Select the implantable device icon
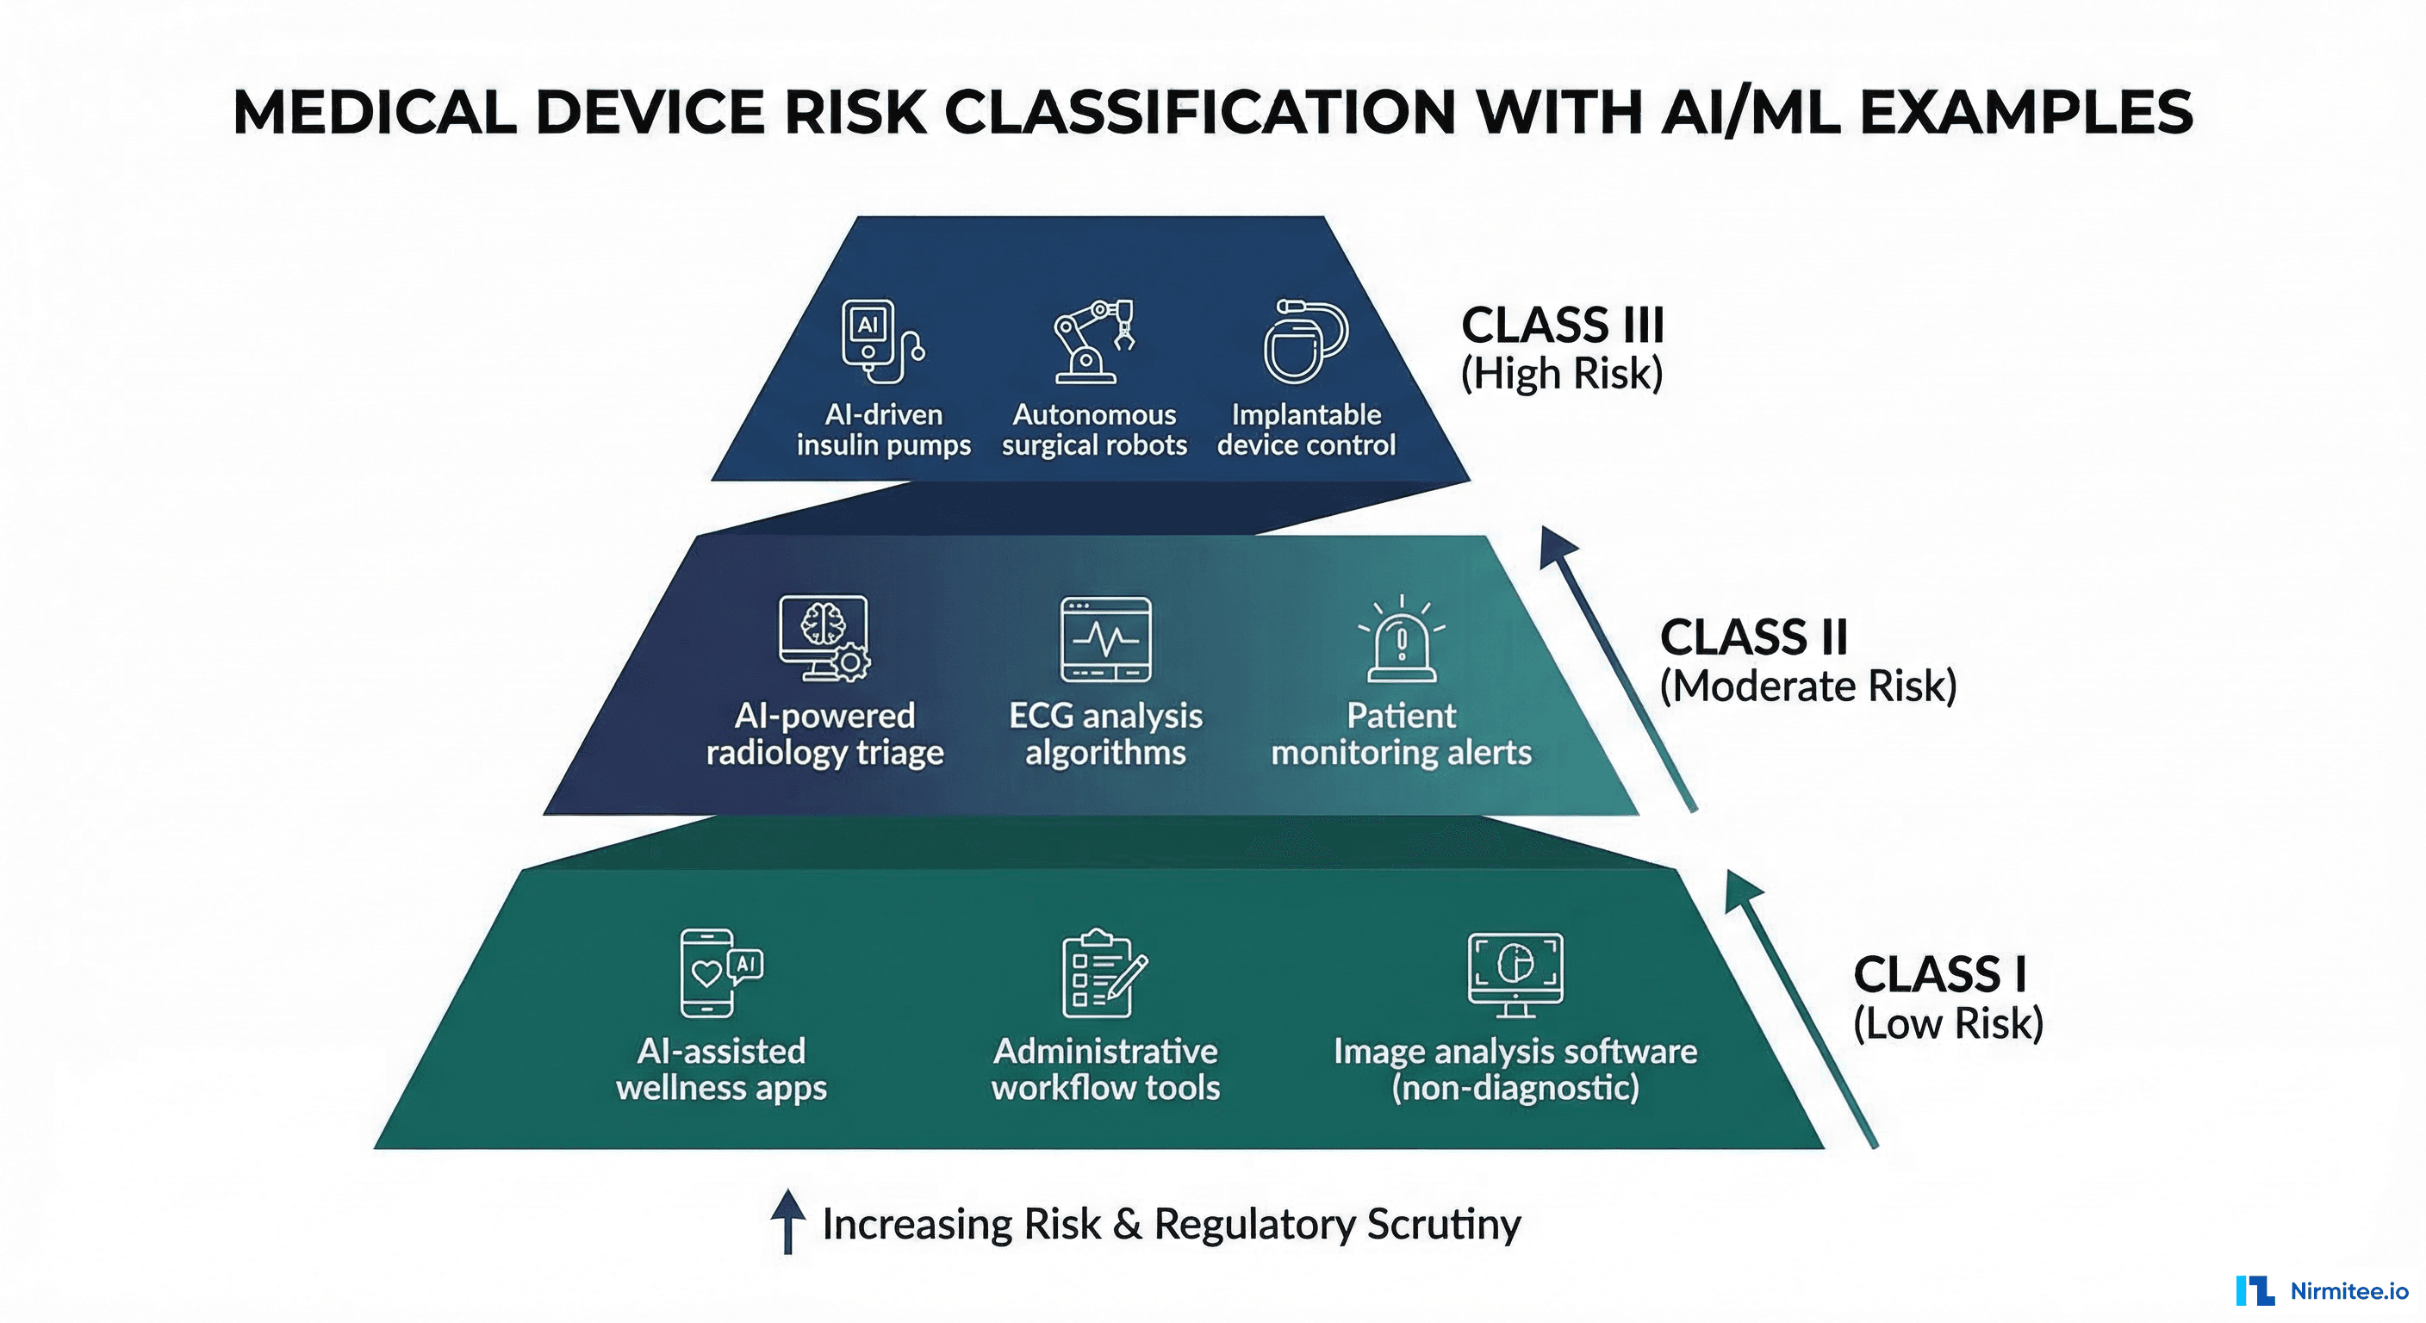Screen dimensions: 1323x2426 [x=1304, y=341]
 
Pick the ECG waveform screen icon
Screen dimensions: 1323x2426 [x=1105, y=638]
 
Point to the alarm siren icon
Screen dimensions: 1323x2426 [x=1402, y=638]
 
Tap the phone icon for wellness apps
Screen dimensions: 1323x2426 [x=719, y=972]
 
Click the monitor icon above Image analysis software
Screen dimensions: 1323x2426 [x=1515, y=972]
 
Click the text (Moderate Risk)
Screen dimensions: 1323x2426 [x=1807, y=686]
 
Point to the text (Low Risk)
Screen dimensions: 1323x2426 [x=1948, y=1023]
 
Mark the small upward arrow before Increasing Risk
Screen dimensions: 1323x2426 [x=787, y=1221]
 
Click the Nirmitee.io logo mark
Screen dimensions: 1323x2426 [x=2255, y=1290]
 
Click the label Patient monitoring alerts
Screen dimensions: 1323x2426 [x=1401, y=735]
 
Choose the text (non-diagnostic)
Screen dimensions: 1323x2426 [x=1515, y=1088]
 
